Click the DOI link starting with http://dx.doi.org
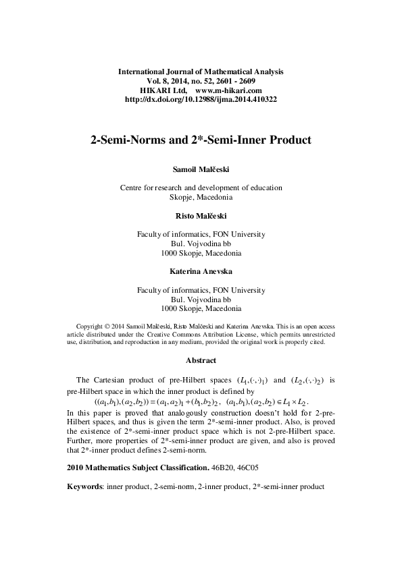(x=201, y=99)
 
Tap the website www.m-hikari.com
(x=228, y=90)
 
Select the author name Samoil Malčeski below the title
(x=201, y=169)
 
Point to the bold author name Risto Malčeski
(x=201, y=217)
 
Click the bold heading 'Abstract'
(x=201, y=360)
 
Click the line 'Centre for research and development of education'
(x=201, y=188)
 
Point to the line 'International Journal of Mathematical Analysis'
(x=201, y=71)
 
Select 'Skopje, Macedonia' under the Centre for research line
(x=201, y=198)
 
